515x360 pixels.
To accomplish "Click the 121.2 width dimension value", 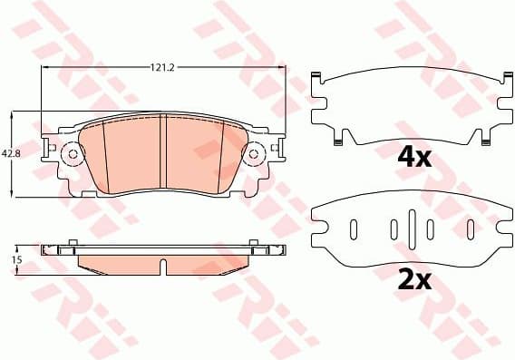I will [163, 66].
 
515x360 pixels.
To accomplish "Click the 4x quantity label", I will [413, 156].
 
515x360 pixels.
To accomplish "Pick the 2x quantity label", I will [413, 280].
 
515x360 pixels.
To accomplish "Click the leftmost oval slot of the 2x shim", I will [354, 228].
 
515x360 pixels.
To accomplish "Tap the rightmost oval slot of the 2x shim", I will [470, 228].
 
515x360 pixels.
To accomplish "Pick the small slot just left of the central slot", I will [394, 228].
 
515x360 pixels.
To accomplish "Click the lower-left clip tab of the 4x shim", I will [337, 138].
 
